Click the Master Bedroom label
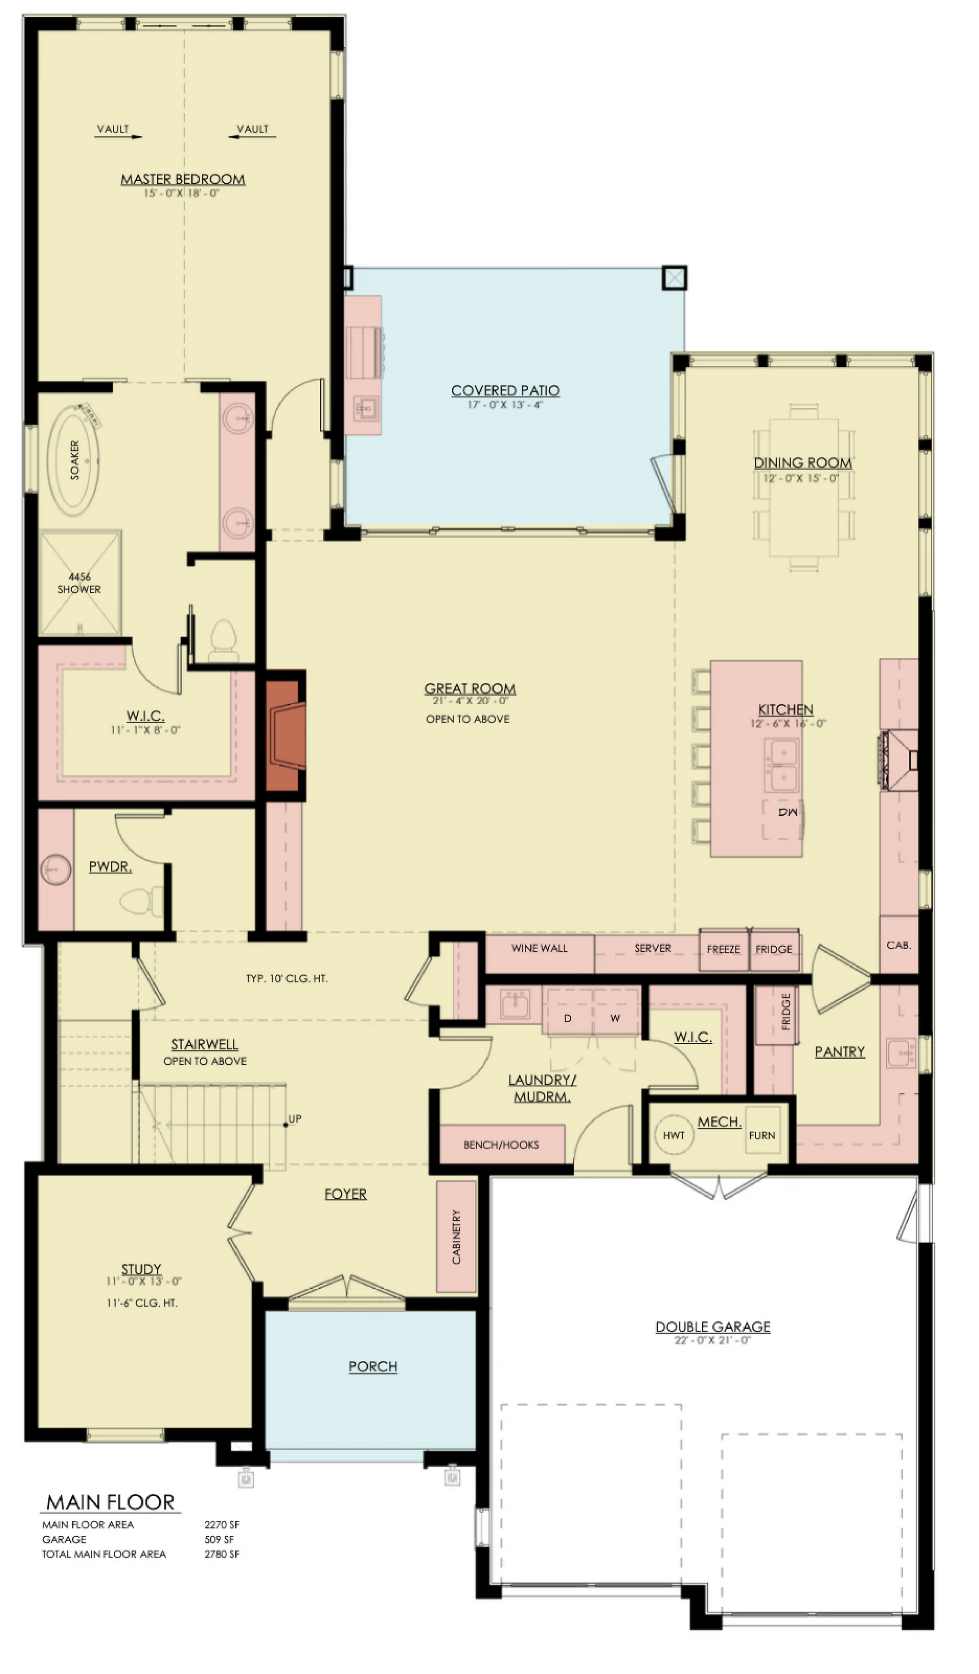(x=183, y=179)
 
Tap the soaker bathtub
(x=73, y=460)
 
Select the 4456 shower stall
(x=80, y=582)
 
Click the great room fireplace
(x=285, y=735)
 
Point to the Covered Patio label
(x=505, y=391)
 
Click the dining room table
(x=804, y=487)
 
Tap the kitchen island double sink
(x=783, y=765)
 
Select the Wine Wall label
(x=539, y=948)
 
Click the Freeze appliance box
(x=724, y=949)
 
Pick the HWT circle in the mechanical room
(x=674, y=1135)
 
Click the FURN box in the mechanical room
(x=762, y=1130)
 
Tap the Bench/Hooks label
(x=501, y=1145)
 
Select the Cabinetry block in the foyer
(x=457, y=1236)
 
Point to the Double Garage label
(x=713, y=1326)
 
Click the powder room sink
(x=56, y=870)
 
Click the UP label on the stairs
(x=295, y=1119)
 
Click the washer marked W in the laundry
(x=616, y=1018)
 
